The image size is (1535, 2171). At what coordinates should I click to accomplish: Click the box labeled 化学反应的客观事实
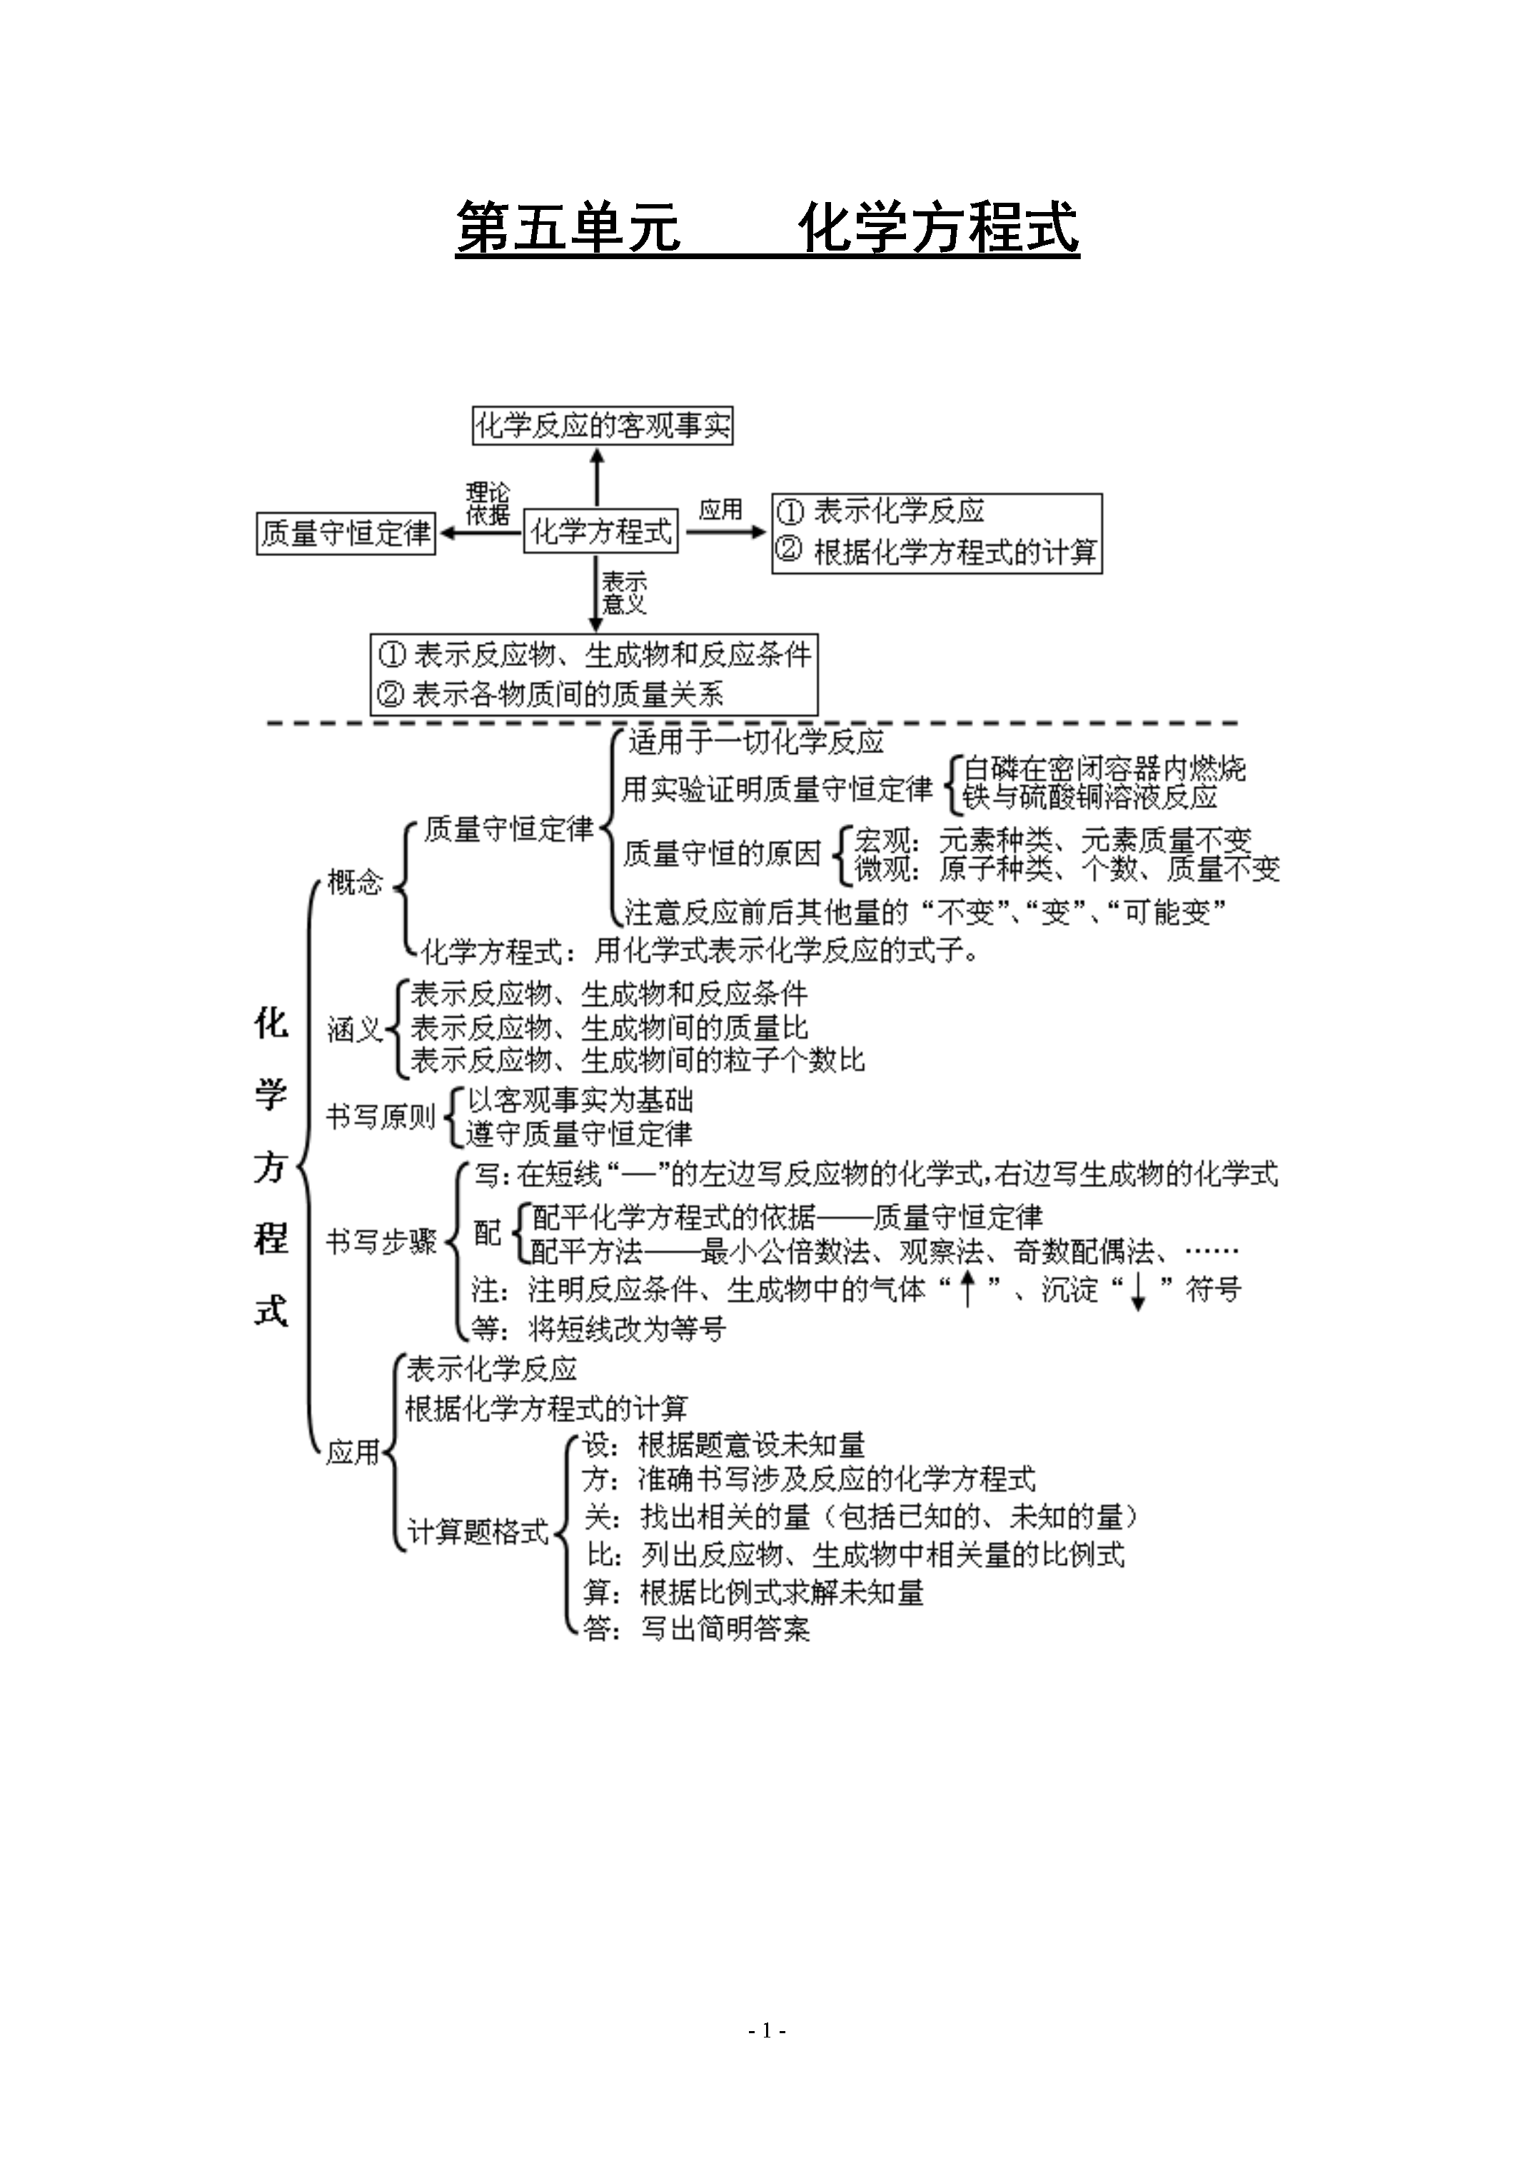coord(603,425)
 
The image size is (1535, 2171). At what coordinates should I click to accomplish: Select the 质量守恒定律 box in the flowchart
coord(346,533)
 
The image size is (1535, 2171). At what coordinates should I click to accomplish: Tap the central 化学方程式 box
coord(600,531)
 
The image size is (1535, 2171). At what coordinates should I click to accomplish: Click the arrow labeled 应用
coord(726,531)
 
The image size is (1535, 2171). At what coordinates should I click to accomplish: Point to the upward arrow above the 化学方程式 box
coord(597,478)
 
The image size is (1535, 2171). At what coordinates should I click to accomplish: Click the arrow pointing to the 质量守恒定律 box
coord(480,533)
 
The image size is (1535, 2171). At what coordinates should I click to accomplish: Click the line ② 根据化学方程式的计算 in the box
coord(936,551)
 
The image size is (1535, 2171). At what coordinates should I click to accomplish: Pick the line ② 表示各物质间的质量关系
coord(550,695)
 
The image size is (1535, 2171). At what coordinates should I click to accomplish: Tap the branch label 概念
coord(355,882)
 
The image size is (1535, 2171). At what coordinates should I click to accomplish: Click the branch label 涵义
coord(355,1029)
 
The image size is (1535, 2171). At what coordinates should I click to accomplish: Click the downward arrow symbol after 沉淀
coord(1138,1291)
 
